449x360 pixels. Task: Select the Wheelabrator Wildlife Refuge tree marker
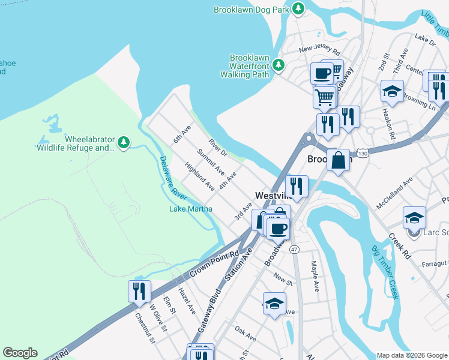coord(124,143)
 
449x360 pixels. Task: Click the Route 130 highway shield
coord(360,154)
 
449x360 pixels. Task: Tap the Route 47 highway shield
coord(294,249)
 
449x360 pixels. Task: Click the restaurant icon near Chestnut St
coord(139,291)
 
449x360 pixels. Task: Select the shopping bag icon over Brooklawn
coord(338,160)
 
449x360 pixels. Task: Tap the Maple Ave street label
coord(313,275)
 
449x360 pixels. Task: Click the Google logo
coord(20,353)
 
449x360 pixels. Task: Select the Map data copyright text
coord(411,355)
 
